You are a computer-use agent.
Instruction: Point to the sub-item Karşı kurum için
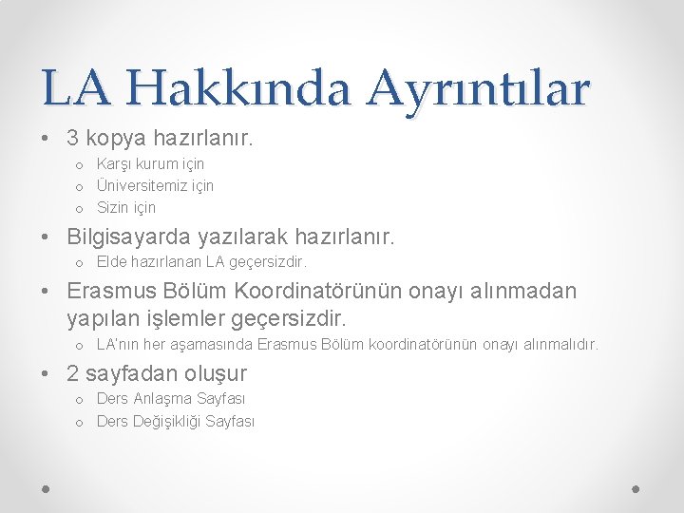click(150, 164)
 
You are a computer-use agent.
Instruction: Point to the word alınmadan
click(526, 291)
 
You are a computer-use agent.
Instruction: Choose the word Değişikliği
click(167, 422)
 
